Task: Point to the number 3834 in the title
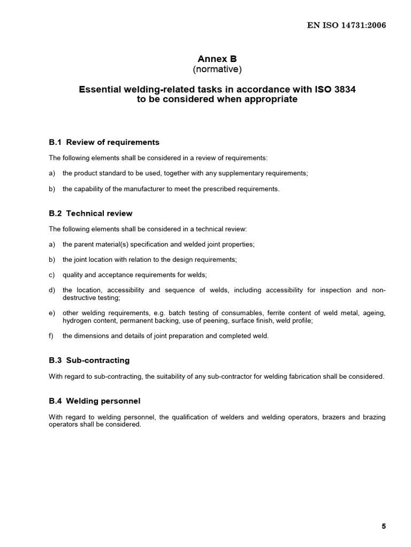pyautogui.click(x=345, y=90)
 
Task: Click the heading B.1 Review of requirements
pyautogui.click(x=104, y=142)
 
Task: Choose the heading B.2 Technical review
pyautogui.click(x=91, y=213)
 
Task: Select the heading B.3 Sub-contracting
pyautogui.click(x=89, y=360)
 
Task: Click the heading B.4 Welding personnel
pyautogui.click(x=95, y=401)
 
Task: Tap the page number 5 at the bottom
pyautogui.click(x=384, y=526)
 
